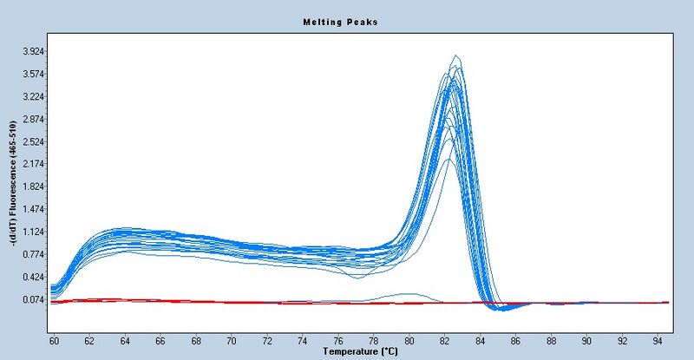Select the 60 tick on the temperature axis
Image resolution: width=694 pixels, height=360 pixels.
pyautogui.click(x=53, y=341)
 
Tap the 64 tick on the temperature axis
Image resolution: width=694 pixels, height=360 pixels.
pyautogui.click(x=124, y=341)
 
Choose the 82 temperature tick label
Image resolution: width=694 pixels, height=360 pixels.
pyautogui.click(x=444, y=341)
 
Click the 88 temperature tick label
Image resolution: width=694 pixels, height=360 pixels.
pyautogui.click(x=551, y=341)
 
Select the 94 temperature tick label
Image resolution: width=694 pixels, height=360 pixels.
pyautogui.click(x=658, y=341)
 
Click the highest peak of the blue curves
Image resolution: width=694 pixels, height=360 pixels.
pyautogui.click(x=456, y=57)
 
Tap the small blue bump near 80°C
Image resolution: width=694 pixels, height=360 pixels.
pyautogui.click(x=409, y=294)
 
